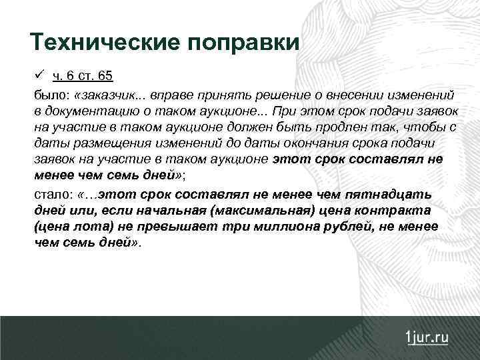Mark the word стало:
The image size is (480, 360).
click(x=53, y=194)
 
